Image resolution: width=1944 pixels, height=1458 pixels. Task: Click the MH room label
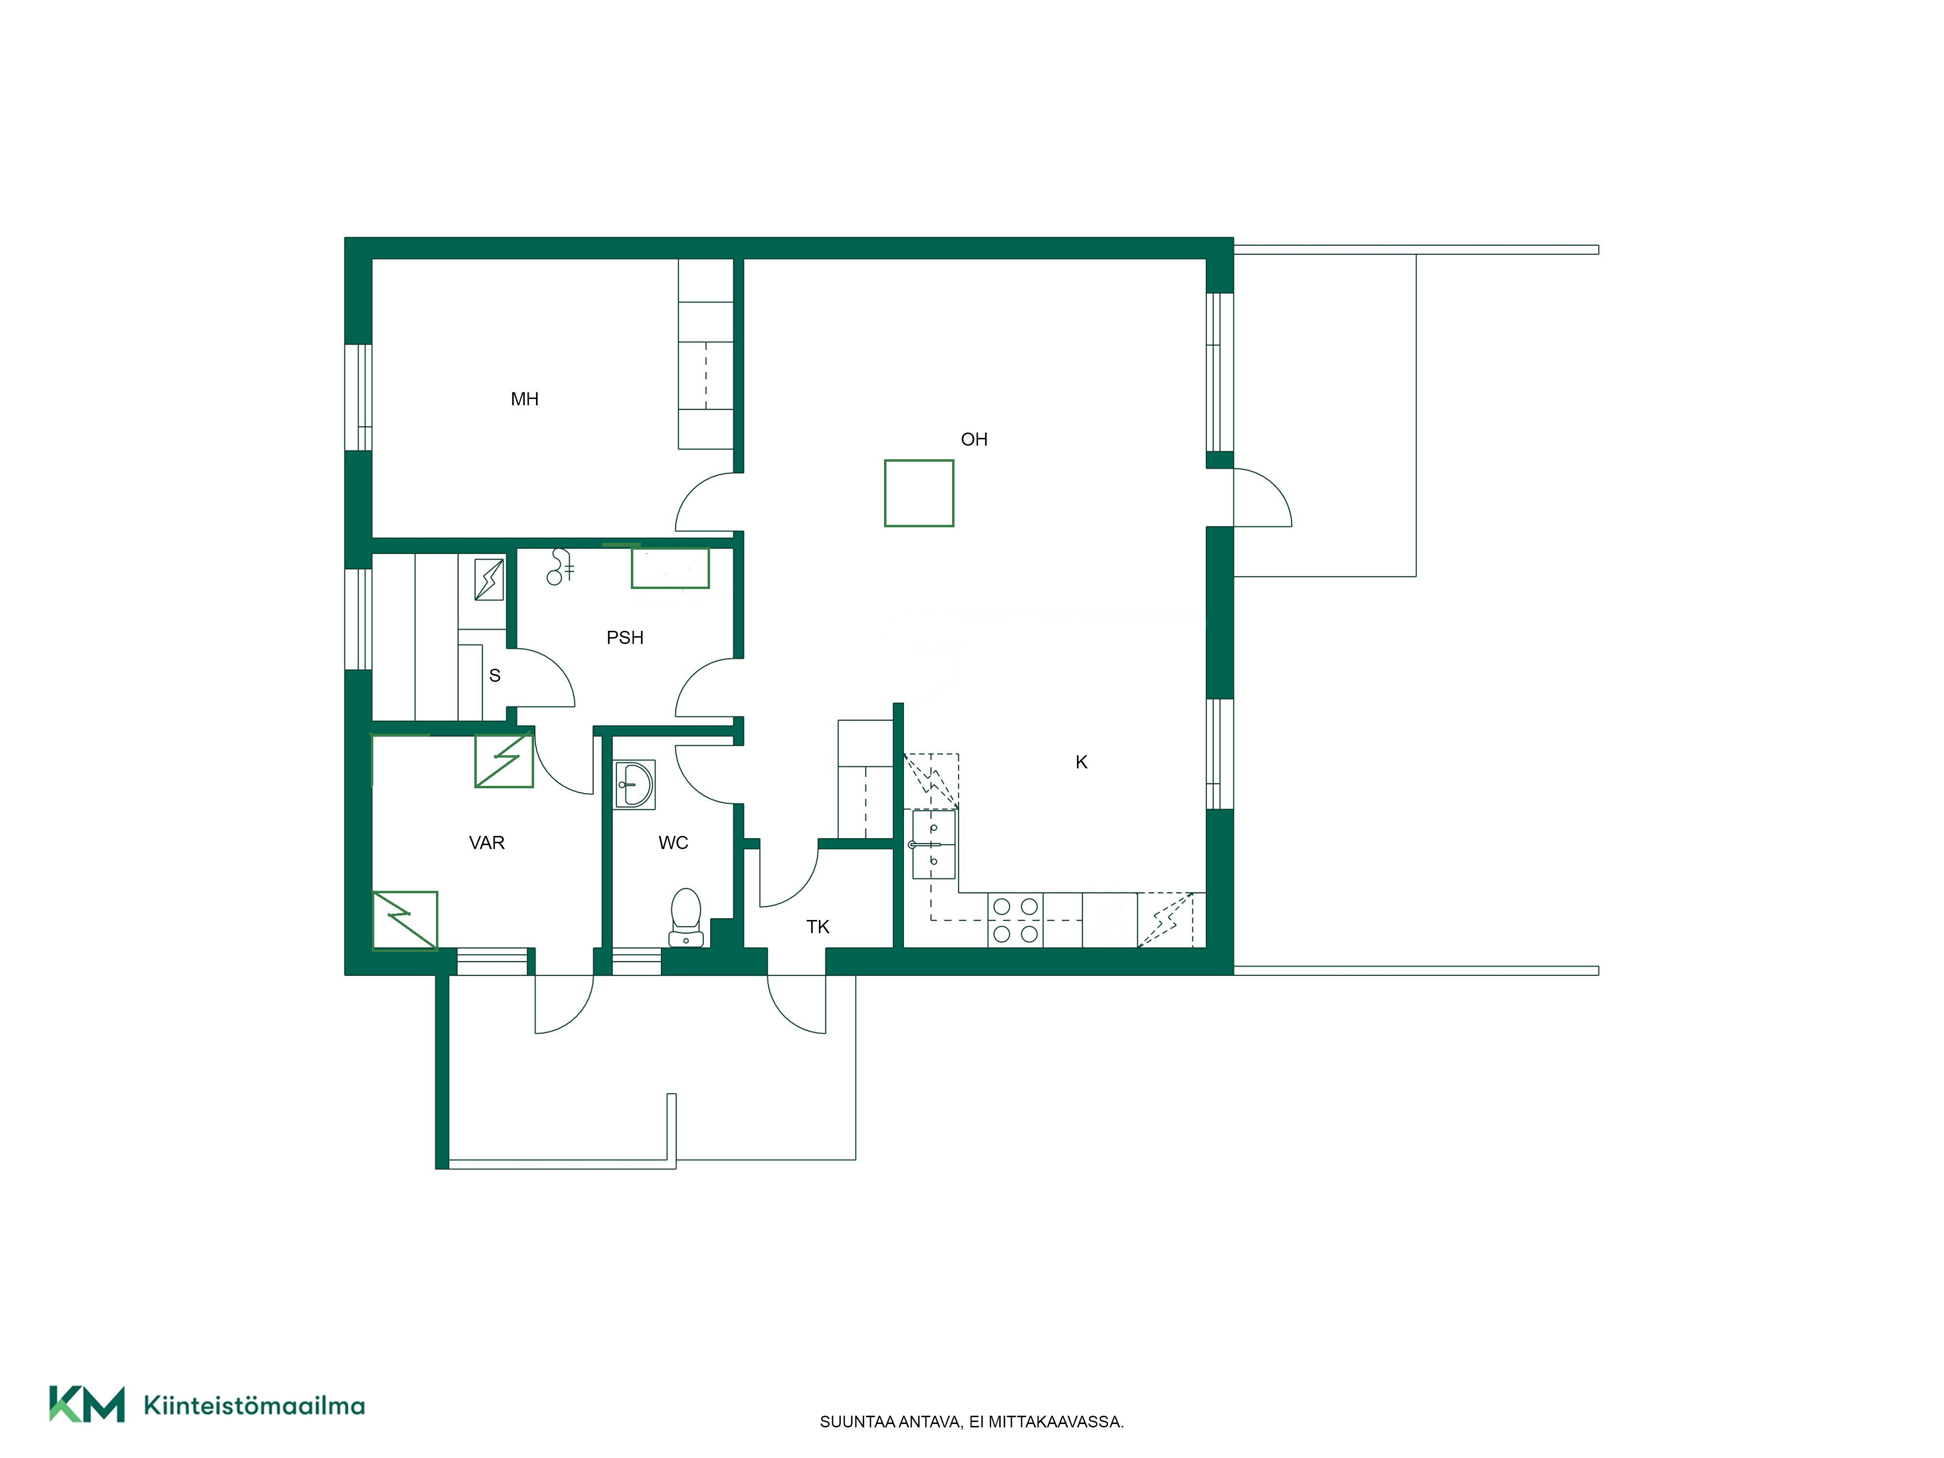coord(525,399)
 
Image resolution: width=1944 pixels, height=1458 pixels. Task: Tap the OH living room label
coord(974,439)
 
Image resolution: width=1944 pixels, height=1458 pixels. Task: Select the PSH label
coord(625,637)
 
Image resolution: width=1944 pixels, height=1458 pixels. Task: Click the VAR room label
coord(487,843)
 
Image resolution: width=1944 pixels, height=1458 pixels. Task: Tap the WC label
coord(673,843)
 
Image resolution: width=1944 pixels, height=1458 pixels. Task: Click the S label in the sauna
coord(495,675)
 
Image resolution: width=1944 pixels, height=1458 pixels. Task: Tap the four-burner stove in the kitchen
coord(1016,920)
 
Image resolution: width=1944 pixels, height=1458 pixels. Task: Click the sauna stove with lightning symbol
coord(489,580)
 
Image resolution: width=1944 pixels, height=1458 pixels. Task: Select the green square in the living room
coord(920,493)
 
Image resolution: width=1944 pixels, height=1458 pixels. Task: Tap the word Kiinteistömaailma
coord(254,1406)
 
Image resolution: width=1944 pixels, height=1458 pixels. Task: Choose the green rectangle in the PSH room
coord(670,568)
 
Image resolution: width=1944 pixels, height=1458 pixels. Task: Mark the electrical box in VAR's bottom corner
coord(405,920)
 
